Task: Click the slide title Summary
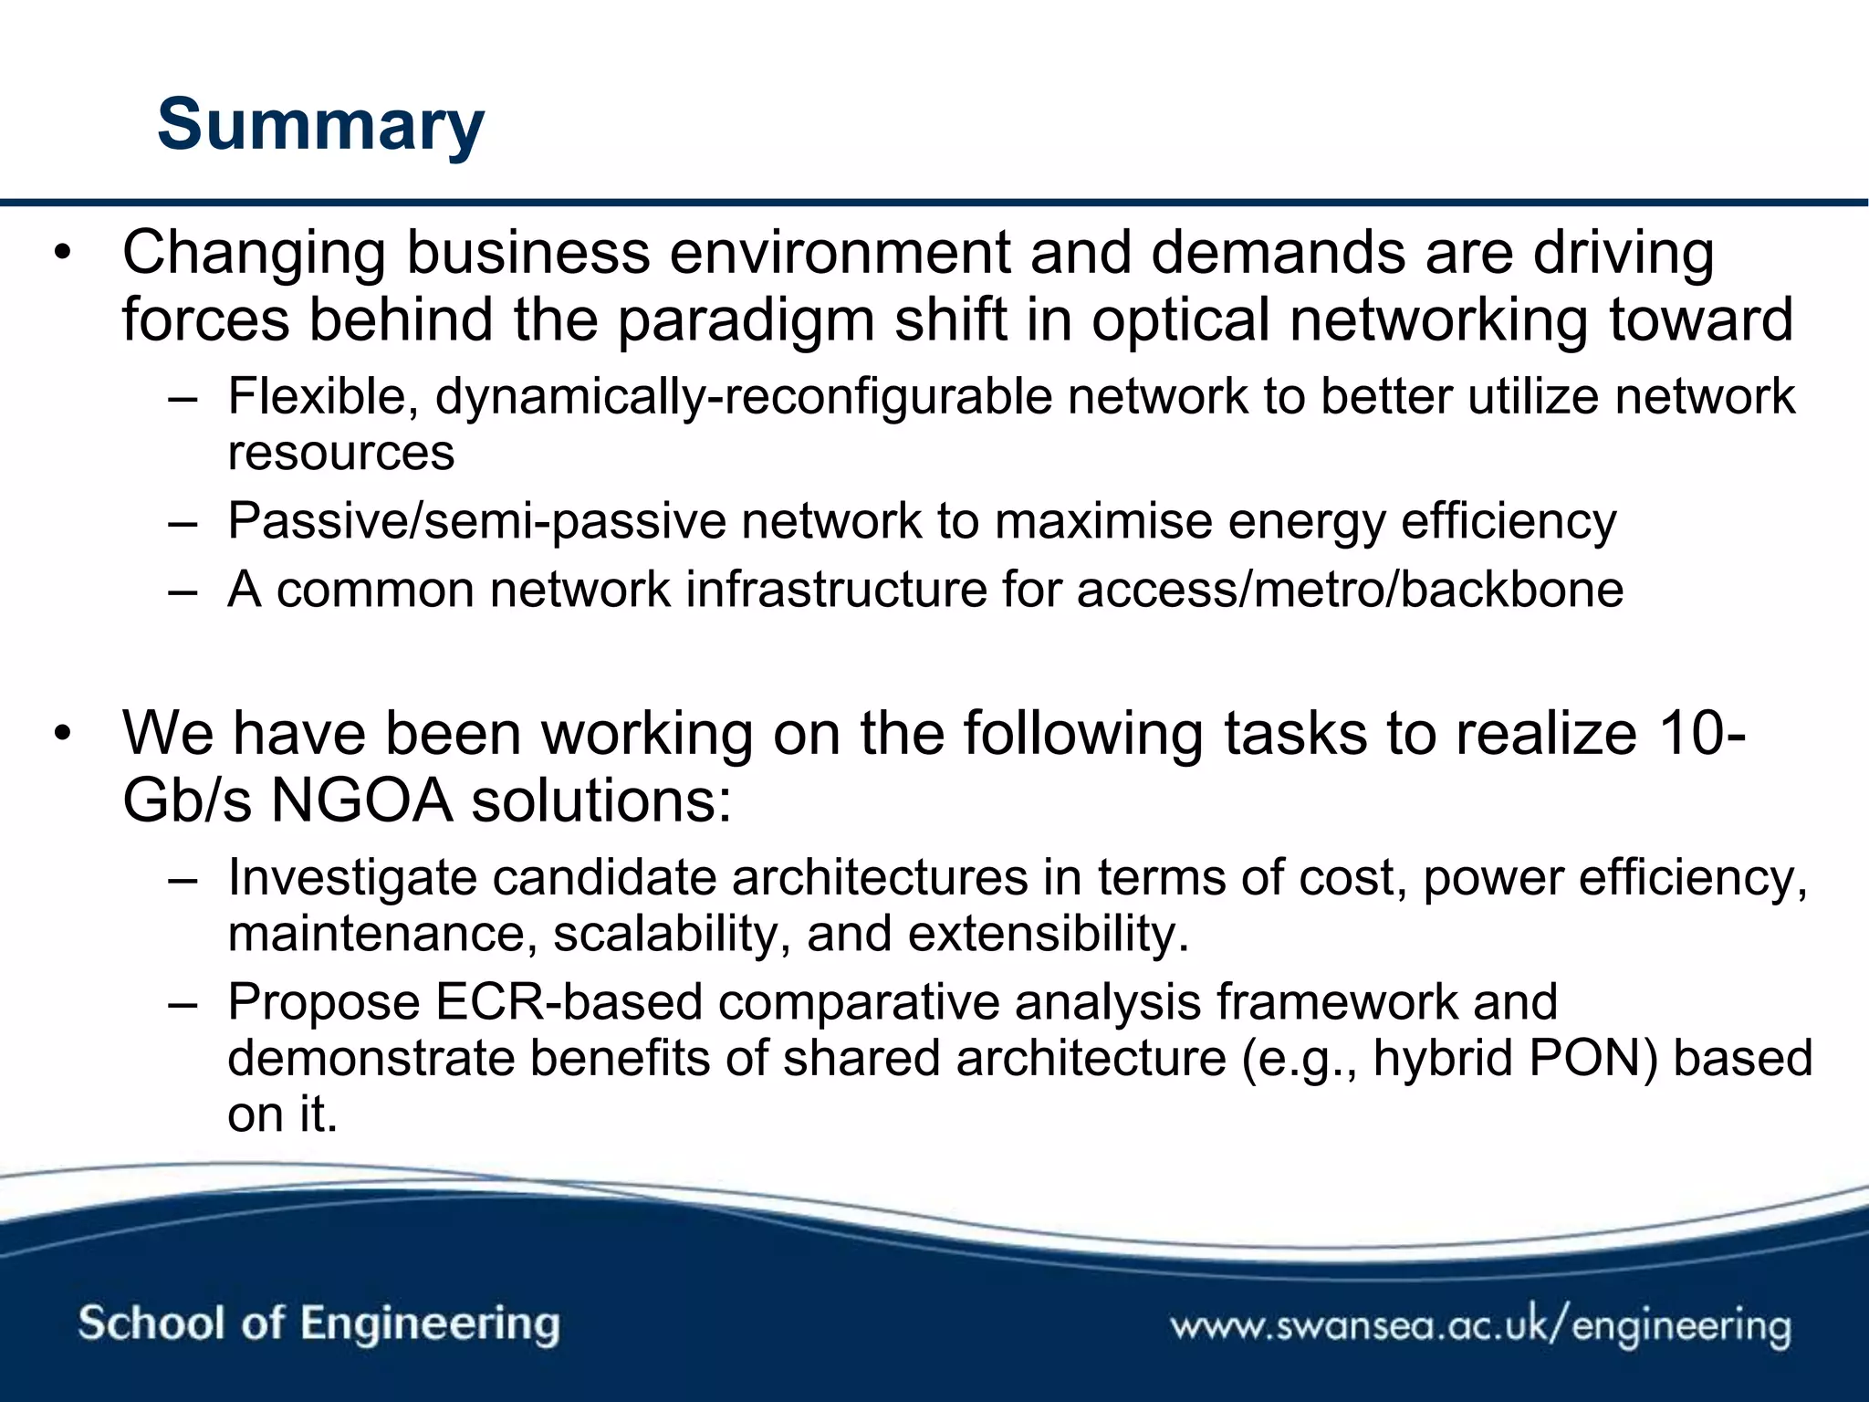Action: click(320, 125)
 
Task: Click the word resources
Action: click(340, 454)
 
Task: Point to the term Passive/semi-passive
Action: click(475, 522)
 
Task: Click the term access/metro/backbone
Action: click(1350, 590)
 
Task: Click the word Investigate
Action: click(352, 878)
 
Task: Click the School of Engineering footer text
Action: click(318, 1324)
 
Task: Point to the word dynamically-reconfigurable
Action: click(744, 397)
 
